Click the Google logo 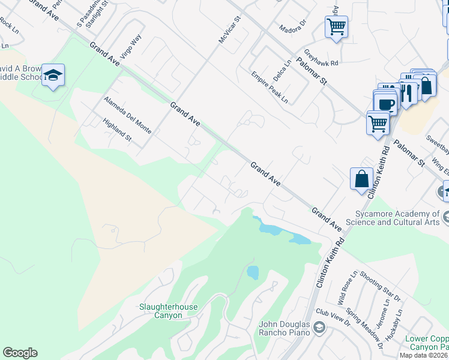click(x=20, y=353)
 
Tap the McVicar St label click(x=229, y=29)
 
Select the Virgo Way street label click(x=131, y=46)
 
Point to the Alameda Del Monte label click(x=127, y=115)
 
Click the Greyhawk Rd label click(x=321, y=62)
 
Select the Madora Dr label click(x=293, y=28)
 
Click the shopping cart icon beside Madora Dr click(x=336, y=26)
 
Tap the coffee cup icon click(x=387, y=104)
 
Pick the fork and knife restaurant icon click(x=408, y=92)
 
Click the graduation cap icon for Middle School click(x=53, y=75)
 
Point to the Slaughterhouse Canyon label click(x=168, y=311)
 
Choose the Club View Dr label click(x=333, y=318)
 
